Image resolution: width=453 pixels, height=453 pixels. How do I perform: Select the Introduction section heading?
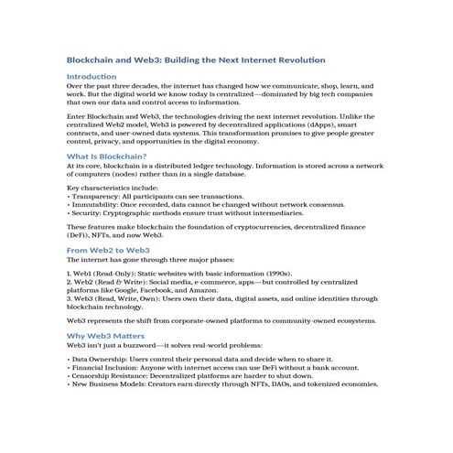coord(92,76)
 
